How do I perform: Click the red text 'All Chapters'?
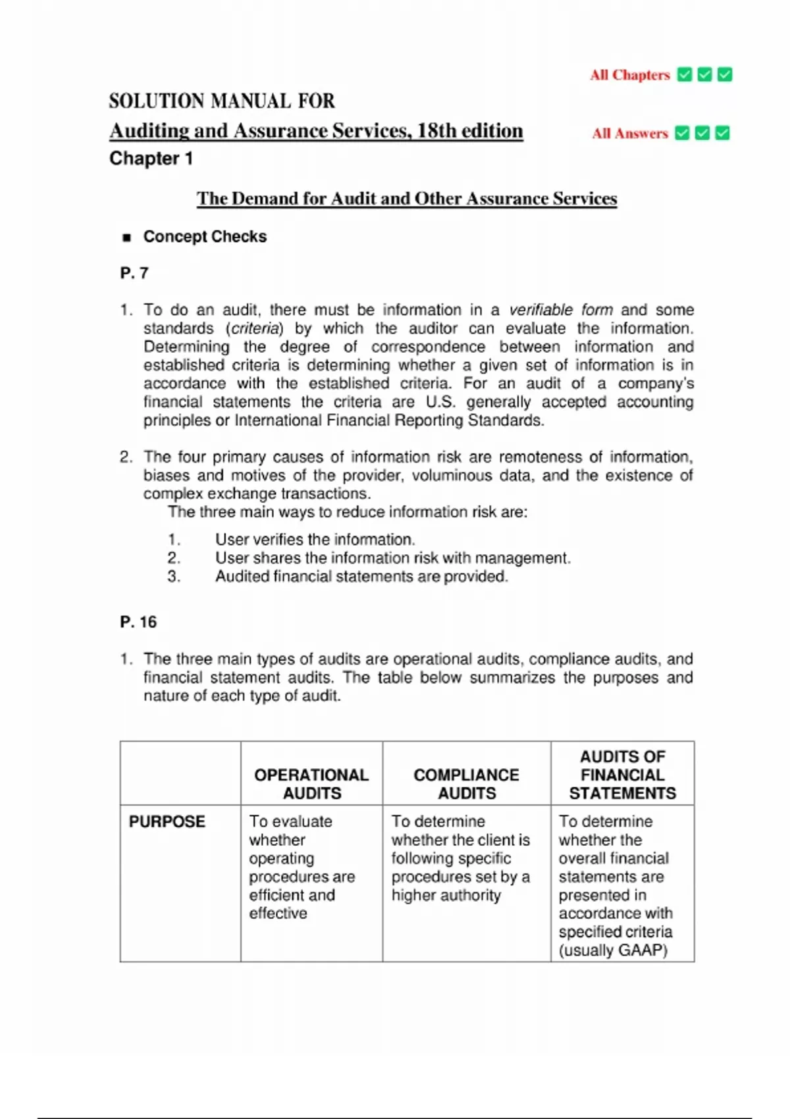coord(629,75)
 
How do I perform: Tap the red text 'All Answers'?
coord(629,134)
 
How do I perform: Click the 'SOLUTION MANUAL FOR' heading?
coord(222,101)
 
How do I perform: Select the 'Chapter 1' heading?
coord(151,159)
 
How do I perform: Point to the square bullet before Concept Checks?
coord(127,238)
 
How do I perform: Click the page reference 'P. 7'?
coord(134,273)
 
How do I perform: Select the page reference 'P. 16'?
coord(138,622)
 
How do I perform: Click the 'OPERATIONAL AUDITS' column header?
coord(311,784)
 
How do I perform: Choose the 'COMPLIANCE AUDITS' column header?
coord(466,784)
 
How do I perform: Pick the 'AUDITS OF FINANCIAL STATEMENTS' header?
coord(622,775)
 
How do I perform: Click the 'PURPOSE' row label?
coord(167,821)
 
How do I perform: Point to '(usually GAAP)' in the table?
coord(613,950)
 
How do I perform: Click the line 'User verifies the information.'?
coord(315,540)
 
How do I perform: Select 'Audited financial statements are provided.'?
coord(361,577)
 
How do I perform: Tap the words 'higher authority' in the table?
coord(446,895)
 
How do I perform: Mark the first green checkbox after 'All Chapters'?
coord(685,75)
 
